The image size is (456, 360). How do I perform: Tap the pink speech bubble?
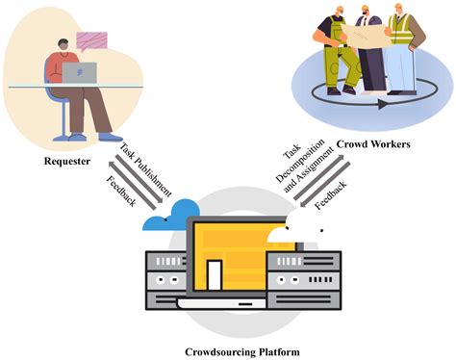point(92,39)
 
